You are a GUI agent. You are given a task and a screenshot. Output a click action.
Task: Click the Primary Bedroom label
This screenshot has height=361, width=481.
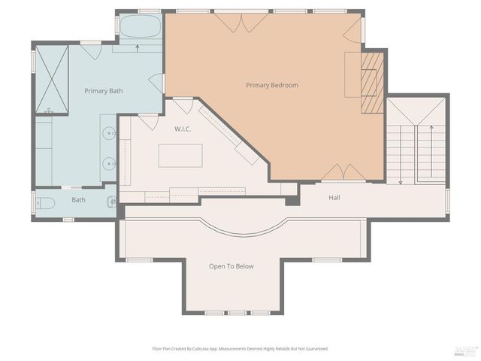coord(272,85)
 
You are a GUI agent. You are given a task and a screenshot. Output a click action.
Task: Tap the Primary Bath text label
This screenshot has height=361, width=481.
coord(103,91)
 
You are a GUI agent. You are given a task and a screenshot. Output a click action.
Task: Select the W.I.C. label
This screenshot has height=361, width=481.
coord(183,129)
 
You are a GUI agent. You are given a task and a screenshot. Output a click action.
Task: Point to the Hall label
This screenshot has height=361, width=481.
coord(335,198)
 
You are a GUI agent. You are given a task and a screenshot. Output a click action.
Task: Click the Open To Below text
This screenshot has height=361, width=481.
coord(231,266)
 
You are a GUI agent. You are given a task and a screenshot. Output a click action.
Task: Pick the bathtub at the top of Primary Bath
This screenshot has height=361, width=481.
coord(140,28)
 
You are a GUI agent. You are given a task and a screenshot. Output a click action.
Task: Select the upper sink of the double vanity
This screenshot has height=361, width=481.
coord(109,135)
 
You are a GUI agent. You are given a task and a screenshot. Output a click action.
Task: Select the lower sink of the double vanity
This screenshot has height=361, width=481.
coord(109,162)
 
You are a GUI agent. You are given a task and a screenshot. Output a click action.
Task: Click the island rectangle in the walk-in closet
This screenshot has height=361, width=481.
coord(180,155)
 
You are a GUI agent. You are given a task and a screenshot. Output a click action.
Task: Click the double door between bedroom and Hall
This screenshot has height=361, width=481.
coord(343,173)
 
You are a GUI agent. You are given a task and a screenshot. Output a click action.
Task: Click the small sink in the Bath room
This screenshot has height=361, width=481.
coord(111,201)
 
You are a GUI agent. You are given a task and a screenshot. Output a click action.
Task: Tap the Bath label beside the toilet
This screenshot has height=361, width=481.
coord(78,200)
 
